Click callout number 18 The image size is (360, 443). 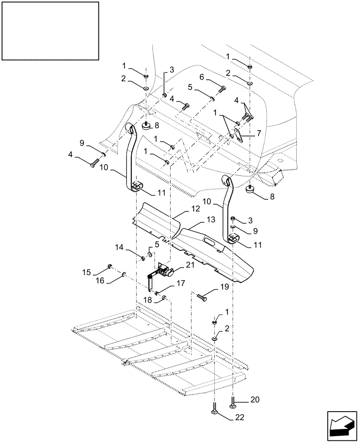pyautogui.click(x=148, y=300)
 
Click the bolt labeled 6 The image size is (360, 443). pyautogui.click(x=220, y=90)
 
